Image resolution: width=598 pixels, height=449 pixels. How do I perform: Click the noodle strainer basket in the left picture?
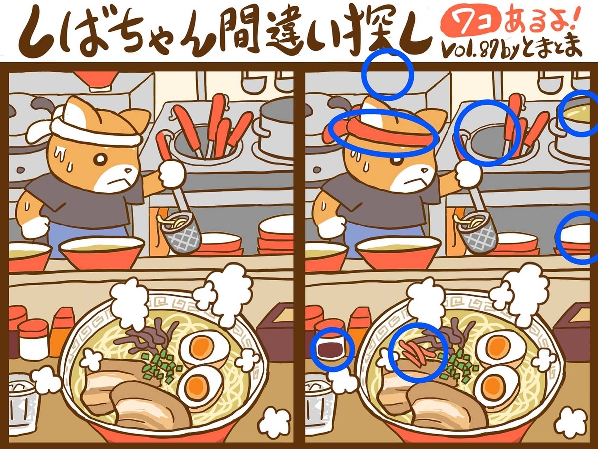coord(180,233)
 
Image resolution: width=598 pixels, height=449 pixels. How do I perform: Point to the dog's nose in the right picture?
coord(424,171)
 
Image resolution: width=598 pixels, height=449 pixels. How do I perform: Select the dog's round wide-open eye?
coord(99,160)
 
